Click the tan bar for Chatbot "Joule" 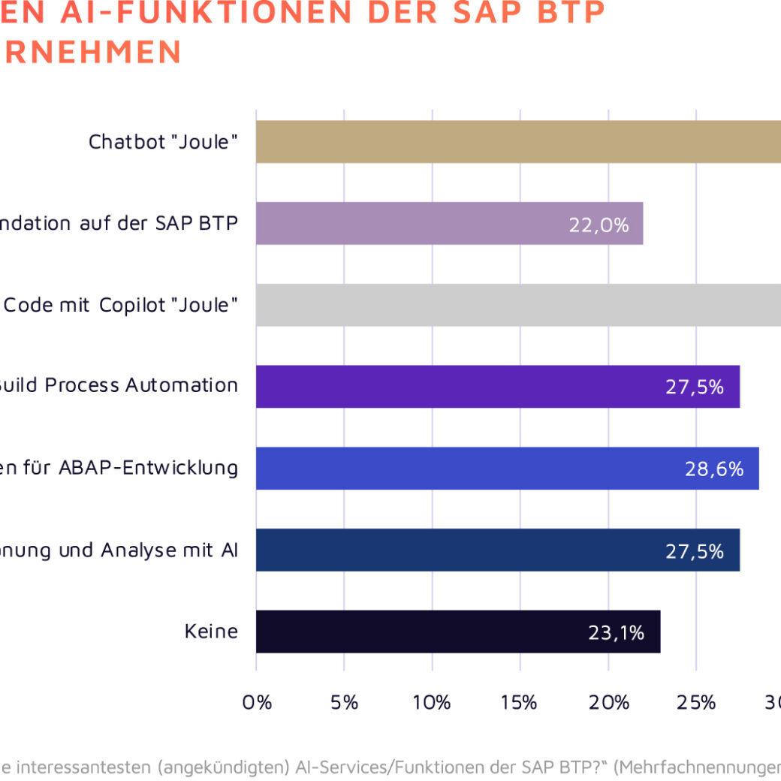click(x=518, y=142)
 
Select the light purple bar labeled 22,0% click(x=449, y=223)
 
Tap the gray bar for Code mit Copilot click(x=518, y=305)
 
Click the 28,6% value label click(x=713, y=469)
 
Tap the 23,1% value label click(x=616, y=633)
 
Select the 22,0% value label click(x=599, y=225)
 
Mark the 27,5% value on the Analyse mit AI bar click(x=694, y=551)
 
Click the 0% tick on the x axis click(x=257, y=703)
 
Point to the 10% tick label click(x=432, y=703)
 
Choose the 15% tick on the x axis click(x=520, y=703)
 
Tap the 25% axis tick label click(x=696, y=703)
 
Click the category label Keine click(x=211, y=632)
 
